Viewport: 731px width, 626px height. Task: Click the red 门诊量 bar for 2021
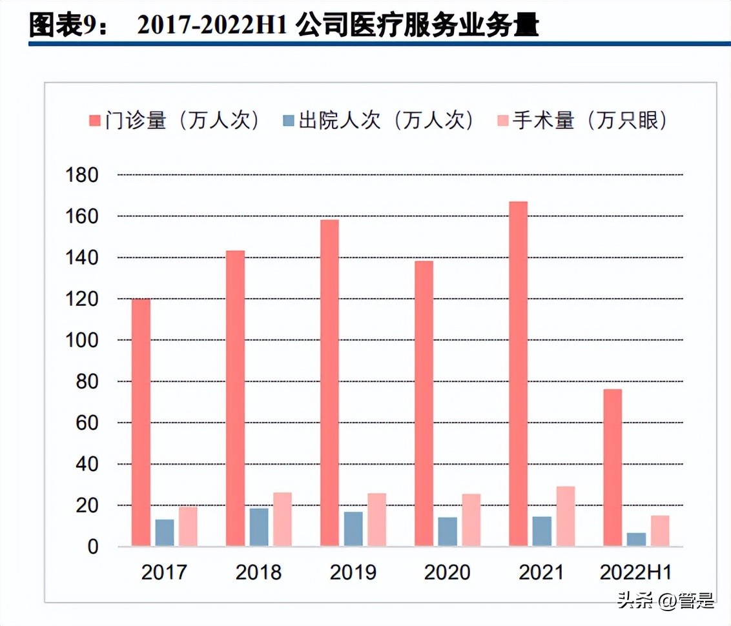click(x=518, y=374)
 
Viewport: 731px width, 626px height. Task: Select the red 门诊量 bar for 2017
click(x=141, y=423)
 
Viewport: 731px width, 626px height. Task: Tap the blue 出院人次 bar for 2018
click(x=259, y=527)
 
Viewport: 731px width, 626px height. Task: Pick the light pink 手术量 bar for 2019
click(x=376, y=520)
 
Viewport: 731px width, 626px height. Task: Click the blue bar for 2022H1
click(x=636, y=540)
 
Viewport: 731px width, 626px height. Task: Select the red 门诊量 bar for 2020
click(x=424, y=403)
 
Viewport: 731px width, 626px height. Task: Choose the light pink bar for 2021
click(x=565, y=516)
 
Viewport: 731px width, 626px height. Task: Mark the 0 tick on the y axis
click(x=92, y=547)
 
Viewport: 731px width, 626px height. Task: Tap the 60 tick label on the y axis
click(x=87, y=423)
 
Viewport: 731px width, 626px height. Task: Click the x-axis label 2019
click(x=353, y=572)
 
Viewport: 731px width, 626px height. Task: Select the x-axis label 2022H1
click(x=635, y=572)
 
